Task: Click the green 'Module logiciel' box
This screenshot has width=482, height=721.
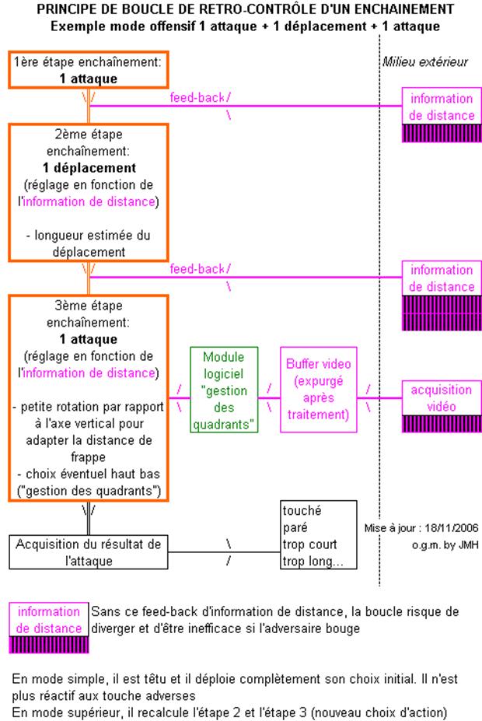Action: pos(223,390)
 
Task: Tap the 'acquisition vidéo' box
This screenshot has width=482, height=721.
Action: pos(442,397)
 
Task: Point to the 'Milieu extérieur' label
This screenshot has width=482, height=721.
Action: pos(425,62)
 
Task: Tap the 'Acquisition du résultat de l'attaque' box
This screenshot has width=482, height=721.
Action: pos(89,551)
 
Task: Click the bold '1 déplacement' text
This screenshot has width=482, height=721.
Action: pos(89,168)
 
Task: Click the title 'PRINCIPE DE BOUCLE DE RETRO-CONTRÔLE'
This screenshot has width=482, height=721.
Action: pos(241,9)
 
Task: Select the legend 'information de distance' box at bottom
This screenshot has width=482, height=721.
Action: pos(48,620)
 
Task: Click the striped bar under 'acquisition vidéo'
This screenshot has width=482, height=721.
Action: pos(442,423)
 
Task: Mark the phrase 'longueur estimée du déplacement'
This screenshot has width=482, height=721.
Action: pos(89,243)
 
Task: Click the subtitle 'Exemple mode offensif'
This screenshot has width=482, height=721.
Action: pos(241,26)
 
